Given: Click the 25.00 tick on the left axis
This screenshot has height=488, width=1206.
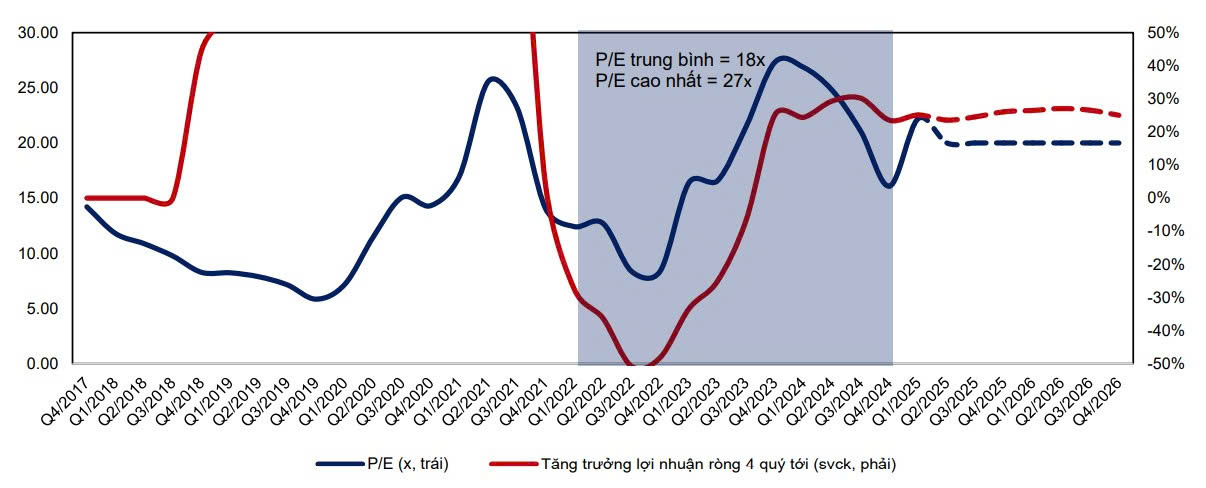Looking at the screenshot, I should [x=38, y=88].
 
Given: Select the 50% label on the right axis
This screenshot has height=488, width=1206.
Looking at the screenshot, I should [x=1164, y=33].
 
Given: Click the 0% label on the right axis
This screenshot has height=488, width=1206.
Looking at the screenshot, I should [x=1160, y=198].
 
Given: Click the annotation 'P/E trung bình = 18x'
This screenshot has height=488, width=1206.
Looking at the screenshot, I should [x=679, y=60].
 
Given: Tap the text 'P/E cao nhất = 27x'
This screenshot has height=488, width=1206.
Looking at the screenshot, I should [x=673, y=81].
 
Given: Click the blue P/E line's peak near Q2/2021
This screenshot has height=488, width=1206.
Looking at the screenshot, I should [x=492, y=78].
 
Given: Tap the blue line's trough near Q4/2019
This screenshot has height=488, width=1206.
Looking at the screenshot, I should [x=318, y=298].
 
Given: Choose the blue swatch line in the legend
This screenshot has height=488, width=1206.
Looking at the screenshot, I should [x=337, y=464].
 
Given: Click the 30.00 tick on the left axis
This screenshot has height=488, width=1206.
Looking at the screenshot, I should [x=38, y=33].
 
